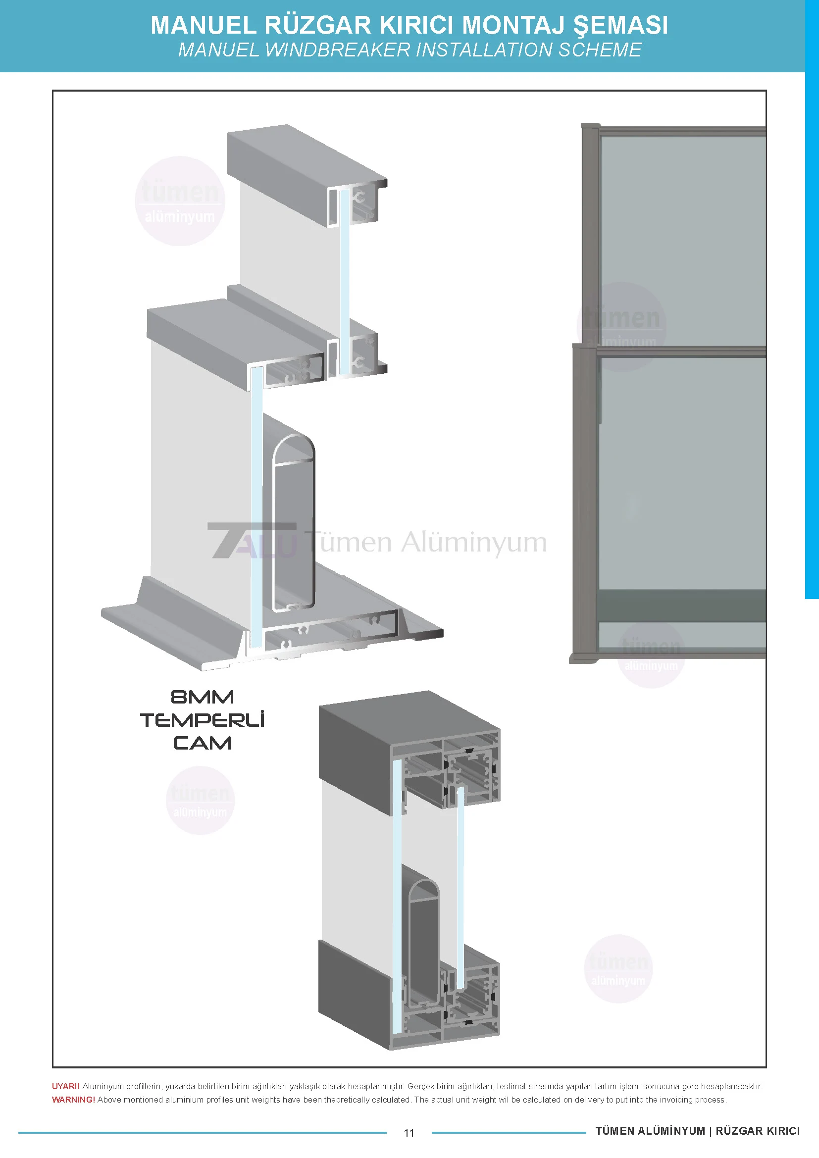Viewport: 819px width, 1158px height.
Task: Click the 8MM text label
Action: pos(202,697)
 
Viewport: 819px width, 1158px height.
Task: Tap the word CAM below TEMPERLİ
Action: pos(202,743)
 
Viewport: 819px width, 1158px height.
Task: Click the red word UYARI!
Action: pos(66,1086)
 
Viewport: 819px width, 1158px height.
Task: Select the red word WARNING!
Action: pos(74,1100)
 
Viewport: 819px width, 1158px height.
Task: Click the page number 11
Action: pos(409,1133)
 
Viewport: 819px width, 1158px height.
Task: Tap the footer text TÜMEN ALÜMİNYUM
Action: pos(650,1131)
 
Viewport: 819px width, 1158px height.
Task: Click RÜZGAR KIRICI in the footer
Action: pos(758,1131)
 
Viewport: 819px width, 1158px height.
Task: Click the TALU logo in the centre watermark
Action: pos(252,540)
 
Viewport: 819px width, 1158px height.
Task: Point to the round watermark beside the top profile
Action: pos(180,201)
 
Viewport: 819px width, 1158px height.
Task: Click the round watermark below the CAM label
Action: pos(200,801)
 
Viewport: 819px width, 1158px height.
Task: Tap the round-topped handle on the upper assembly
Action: pos(293,522)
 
